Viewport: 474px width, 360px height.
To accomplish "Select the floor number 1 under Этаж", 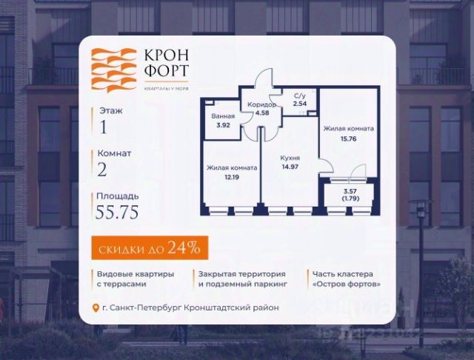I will pyautogui.click(x=103, y=126).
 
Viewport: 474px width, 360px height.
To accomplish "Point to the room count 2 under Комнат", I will pyautogui.click(x=104, y=170).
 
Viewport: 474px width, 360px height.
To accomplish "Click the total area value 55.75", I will pyautogui.click(x=117, y=213).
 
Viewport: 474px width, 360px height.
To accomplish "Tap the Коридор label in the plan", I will pyautogui.click(x=261, y=105).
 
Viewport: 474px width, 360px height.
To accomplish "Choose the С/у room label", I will pyautogui.click(x=301, y=96).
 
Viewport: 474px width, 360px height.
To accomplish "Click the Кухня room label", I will pyautogui.click(x=290, y=158).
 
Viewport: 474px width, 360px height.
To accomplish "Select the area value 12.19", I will pyautogui.click(x=232, y=177).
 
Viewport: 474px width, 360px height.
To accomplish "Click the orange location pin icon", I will pyautogui.click(x=95, y=308).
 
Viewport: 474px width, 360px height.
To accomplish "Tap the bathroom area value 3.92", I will pyautogui.click(x=221, y=125).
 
